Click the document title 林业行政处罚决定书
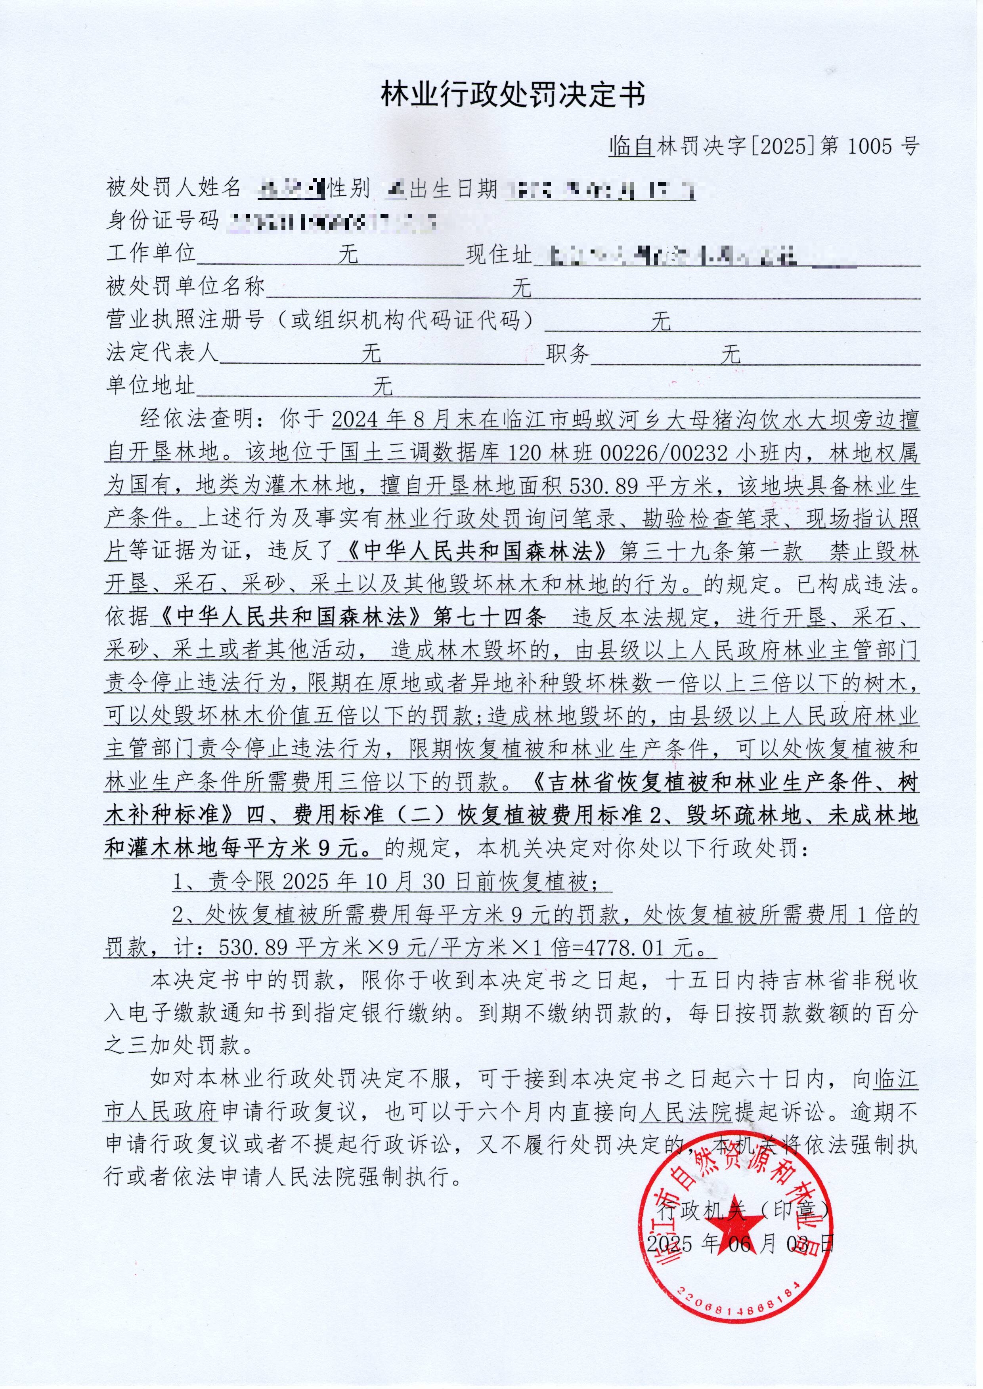(x=513, y=95)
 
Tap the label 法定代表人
(x=162, y=352)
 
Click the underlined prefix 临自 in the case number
(x=632, y=147)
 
